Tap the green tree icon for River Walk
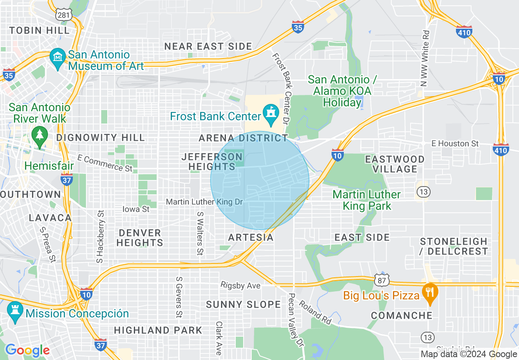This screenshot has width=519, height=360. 40,135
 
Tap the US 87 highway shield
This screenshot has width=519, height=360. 382,279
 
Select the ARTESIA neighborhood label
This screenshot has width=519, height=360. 250,238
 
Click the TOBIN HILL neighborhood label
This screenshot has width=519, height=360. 39,31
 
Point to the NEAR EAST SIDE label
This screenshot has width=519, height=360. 208,47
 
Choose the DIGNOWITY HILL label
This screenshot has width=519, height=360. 101,137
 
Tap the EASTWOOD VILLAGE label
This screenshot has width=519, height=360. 395,164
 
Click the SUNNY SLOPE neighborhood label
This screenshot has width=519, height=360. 243,305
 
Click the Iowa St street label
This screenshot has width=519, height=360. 136,209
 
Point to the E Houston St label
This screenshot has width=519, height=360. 455,144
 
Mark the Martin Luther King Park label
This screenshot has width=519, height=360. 367,200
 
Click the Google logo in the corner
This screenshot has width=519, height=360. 27,350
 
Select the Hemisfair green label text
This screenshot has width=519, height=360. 49,166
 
